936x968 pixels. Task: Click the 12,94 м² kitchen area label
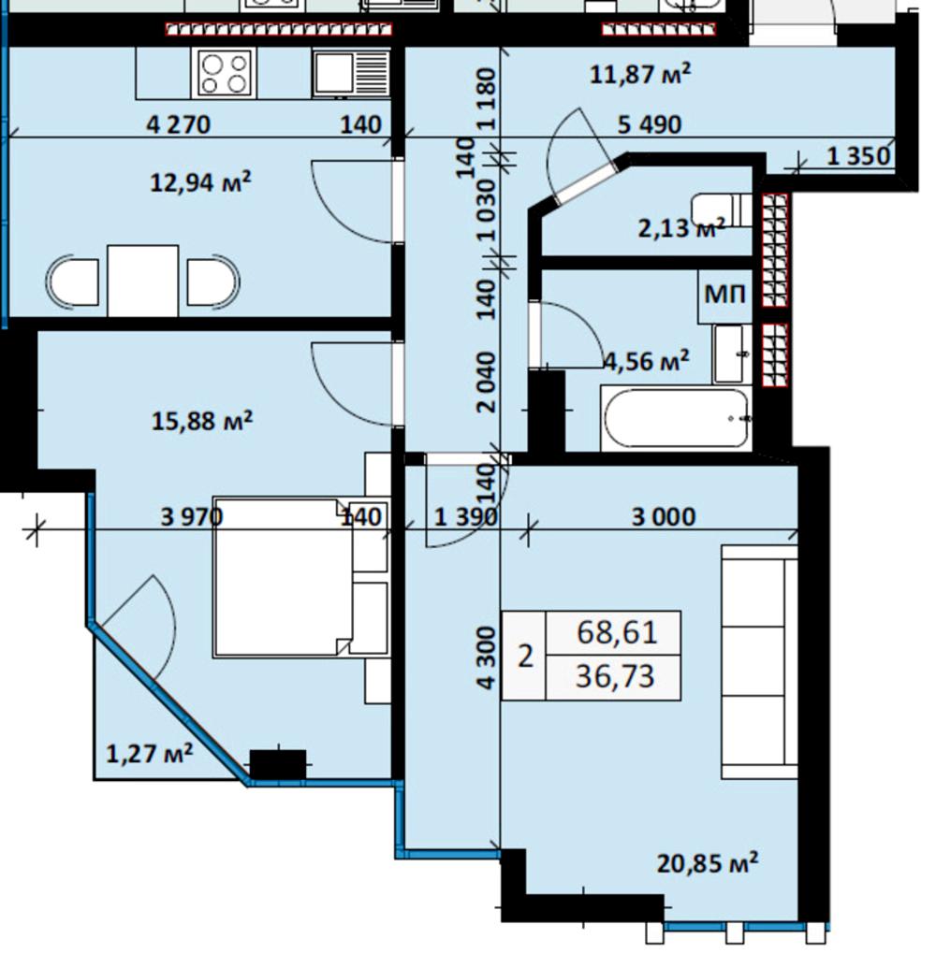pos(201,182)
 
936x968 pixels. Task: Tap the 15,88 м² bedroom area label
pos(202,421)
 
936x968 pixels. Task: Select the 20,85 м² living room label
pos(708,863)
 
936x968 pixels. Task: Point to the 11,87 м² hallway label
pos(640,75)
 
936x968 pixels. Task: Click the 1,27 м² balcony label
pos(150,753)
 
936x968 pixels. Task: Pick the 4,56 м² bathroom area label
pos(647,360)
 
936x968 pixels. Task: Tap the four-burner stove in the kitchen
pos(225,73)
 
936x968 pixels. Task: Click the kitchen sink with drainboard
pos(351,74)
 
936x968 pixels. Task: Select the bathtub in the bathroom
pos(677,418)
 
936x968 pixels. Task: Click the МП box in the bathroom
pos(725,296)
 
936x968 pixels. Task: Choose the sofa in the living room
pos(759,661)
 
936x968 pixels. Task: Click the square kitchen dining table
pos(142,281)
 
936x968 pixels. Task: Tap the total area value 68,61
pos(616,633)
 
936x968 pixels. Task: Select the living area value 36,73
pos(615,676)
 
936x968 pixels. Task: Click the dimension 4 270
pos(178,125)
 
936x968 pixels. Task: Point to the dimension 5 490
pos(650,125)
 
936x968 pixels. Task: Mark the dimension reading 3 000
pos(664,516)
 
